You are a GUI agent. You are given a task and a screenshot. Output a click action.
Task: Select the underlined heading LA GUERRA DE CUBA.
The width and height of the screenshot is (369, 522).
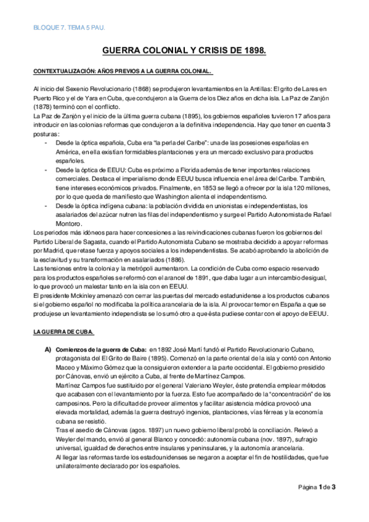(63, 332)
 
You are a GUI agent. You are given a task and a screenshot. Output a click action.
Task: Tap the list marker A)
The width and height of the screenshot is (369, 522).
(47, 351)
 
